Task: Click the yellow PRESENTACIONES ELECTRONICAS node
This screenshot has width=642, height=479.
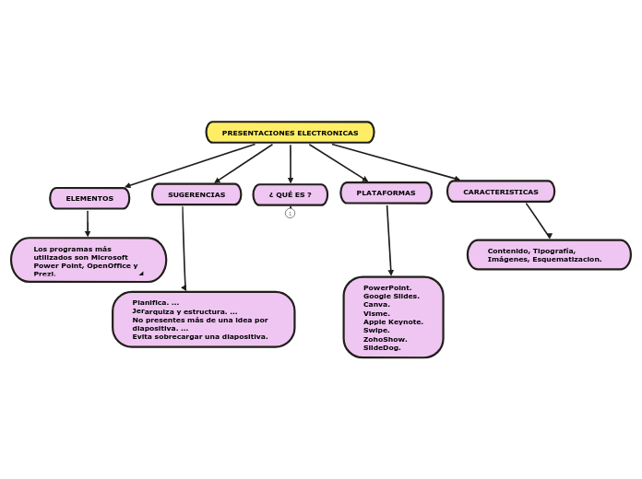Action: click(x=290, y=133)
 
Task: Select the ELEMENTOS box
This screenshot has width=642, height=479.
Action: click(x=89, y=198)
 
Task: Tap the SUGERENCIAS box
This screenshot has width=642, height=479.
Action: click(x=196, y=194)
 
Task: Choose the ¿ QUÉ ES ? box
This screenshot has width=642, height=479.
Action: click(x=290, y=194)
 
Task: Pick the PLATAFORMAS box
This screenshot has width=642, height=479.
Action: click(x=386, y=193)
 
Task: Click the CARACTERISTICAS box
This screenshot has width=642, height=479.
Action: click(x=500, y=192)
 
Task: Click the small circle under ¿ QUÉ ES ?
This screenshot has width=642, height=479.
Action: click(x=290, y=213)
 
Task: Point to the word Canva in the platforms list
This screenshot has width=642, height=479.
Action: click(x=376, y=304)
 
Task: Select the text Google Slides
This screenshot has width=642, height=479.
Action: click(x=391, y=296)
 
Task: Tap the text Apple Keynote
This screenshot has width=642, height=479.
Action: click(x=393, y=321)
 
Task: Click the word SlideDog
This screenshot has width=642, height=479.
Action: click(x=382, y=347)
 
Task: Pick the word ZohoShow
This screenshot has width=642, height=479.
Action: click(x=385, y=339)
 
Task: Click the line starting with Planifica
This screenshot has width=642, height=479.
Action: click(x=156, y=302)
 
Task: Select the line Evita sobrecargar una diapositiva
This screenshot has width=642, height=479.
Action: click(x=200, y=336)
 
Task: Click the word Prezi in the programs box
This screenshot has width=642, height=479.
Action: click(x=44, y=274)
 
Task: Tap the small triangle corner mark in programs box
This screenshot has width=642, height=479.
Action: click(x=141, y=273)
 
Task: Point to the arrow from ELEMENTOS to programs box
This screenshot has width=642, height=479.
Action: click(x=88, y=223)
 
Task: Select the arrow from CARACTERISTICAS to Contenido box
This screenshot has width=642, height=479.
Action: click(x=538, y=220)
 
